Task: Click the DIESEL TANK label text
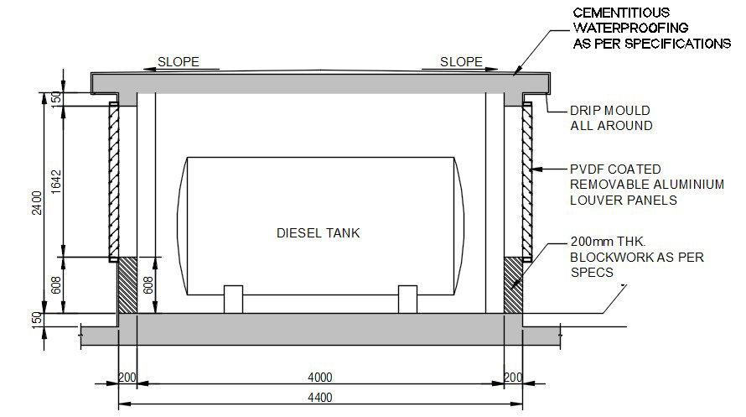318,232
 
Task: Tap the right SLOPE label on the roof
462,62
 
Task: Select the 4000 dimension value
319,377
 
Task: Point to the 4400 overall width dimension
319,397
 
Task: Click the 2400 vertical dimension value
37,202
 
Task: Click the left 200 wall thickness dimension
127,377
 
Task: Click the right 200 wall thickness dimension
513,377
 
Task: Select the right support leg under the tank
407,300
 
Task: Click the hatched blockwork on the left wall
127,285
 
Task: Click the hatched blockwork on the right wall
512,285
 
